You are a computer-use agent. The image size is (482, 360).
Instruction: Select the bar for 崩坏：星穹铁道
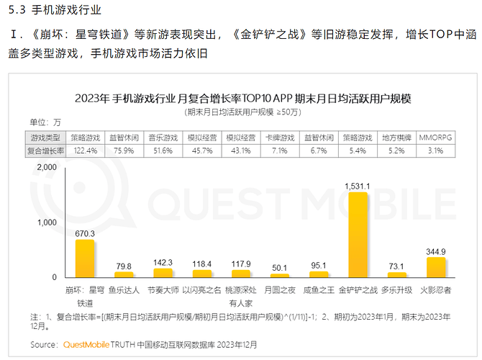click(85, 258)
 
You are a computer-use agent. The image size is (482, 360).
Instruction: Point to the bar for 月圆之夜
click(280, 275)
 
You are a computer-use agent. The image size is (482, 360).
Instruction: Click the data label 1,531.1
click(358, 186)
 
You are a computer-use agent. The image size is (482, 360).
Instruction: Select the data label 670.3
click(85, 233)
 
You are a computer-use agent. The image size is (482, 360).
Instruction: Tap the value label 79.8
click(124, 265)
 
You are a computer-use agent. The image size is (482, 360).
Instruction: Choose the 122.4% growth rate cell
click(85, 150)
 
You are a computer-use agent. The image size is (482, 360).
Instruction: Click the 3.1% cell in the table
click(435, 150)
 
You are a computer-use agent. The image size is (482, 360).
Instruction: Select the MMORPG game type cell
click(435, 136)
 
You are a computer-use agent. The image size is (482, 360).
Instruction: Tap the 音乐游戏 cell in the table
click(163, 136)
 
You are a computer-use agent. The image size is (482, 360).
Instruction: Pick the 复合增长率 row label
click(45, 150)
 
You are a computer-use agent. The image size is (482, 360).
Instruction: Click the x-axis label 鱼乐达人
click(124, 290)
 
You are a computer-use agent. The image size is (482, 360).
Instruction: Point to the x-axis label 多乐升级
click(396, 290)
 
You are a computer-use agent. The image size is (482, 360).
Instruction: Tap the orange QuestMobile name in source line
click(86, 345)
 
